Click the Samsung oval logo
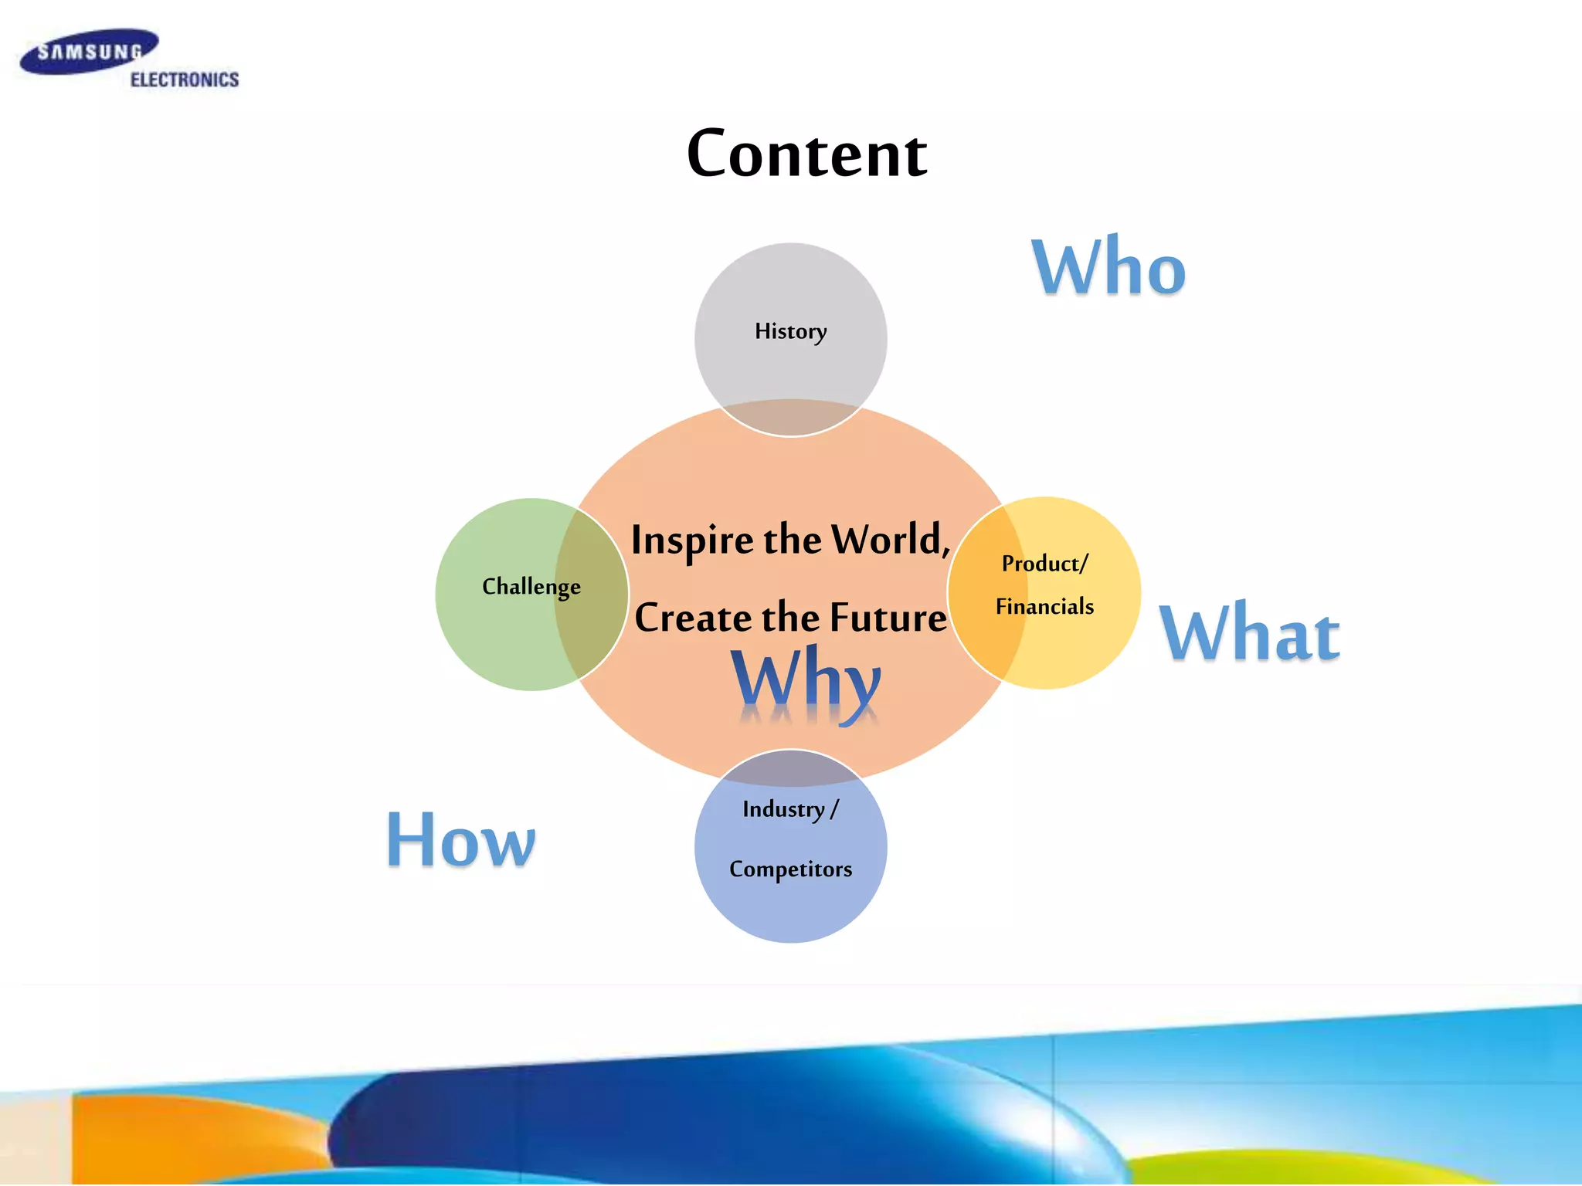[x=88, y=52]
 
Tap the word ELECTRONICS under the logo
[x=184, y=80]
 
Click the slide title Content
[x=806, y=154]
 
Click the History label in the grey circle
[x=790, y=331]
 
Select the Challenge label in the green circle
[x=531, y=587]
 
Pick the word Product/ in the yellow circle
[x=1044, y=564]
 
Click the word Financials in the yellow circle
[x=1044, y=607]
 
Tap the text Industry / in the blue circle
[x=790, y=809]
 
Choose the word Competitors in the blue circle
[x=790, y=869]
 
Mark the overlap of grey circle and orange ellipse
[x=790, y=418]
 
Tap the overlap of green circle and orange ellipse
[x=591, y=591]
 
